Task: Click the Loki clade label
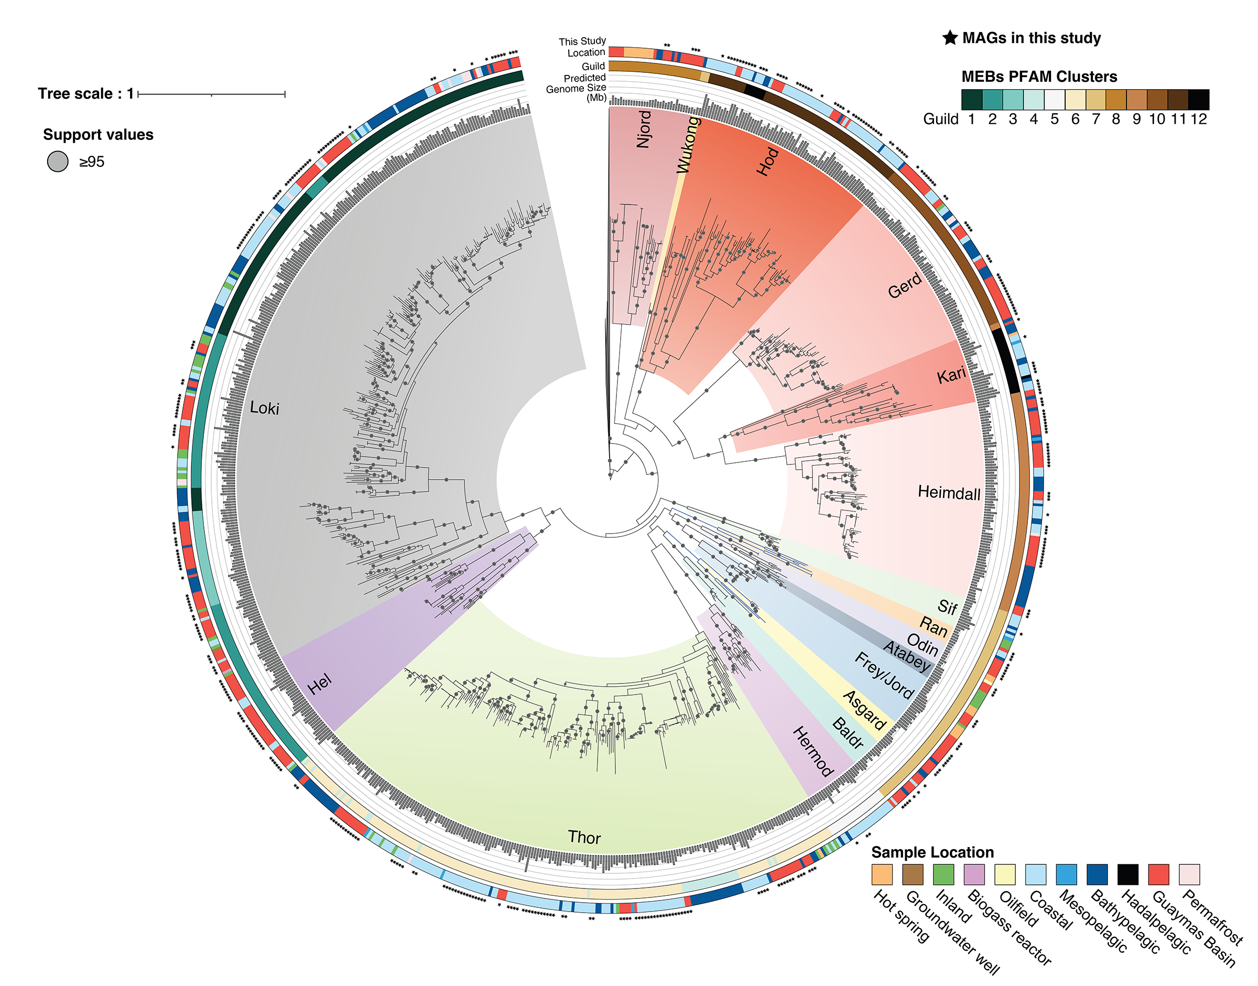click(264, 408)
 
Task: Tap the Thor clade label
click(584, 837)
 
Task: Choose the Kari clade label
click(951, 375)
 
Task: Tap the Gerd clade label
click(905, 286)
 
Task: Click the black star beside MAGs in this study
click(950, 38)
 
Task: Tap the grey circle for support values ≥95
click(58, 161)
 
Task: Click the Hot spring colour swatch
click(882, 874)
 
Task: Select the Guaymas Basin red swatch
click(1158, 874)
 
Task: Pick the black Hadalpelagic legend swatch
click(1127, 874)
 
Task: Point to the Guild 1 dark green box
click(972, 99)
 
